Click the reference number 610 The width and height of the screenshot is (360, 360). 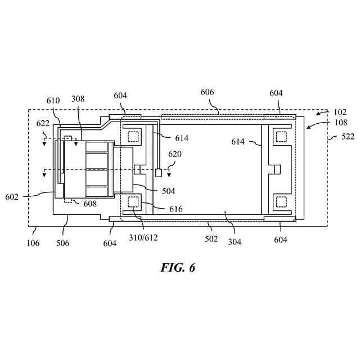[53, 100]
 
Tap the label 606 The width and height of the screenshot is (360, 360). [208, 93]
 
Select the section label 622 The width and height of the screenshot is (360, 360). [43, 123]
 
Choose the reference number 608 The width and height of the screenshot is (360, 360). [89, 204]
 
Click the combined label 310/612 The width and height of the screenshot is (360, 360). [143, 237]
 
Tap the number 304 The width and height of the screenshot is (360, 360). [235, 242]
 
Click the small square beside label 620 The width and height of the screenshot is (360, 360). [159, 172]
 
